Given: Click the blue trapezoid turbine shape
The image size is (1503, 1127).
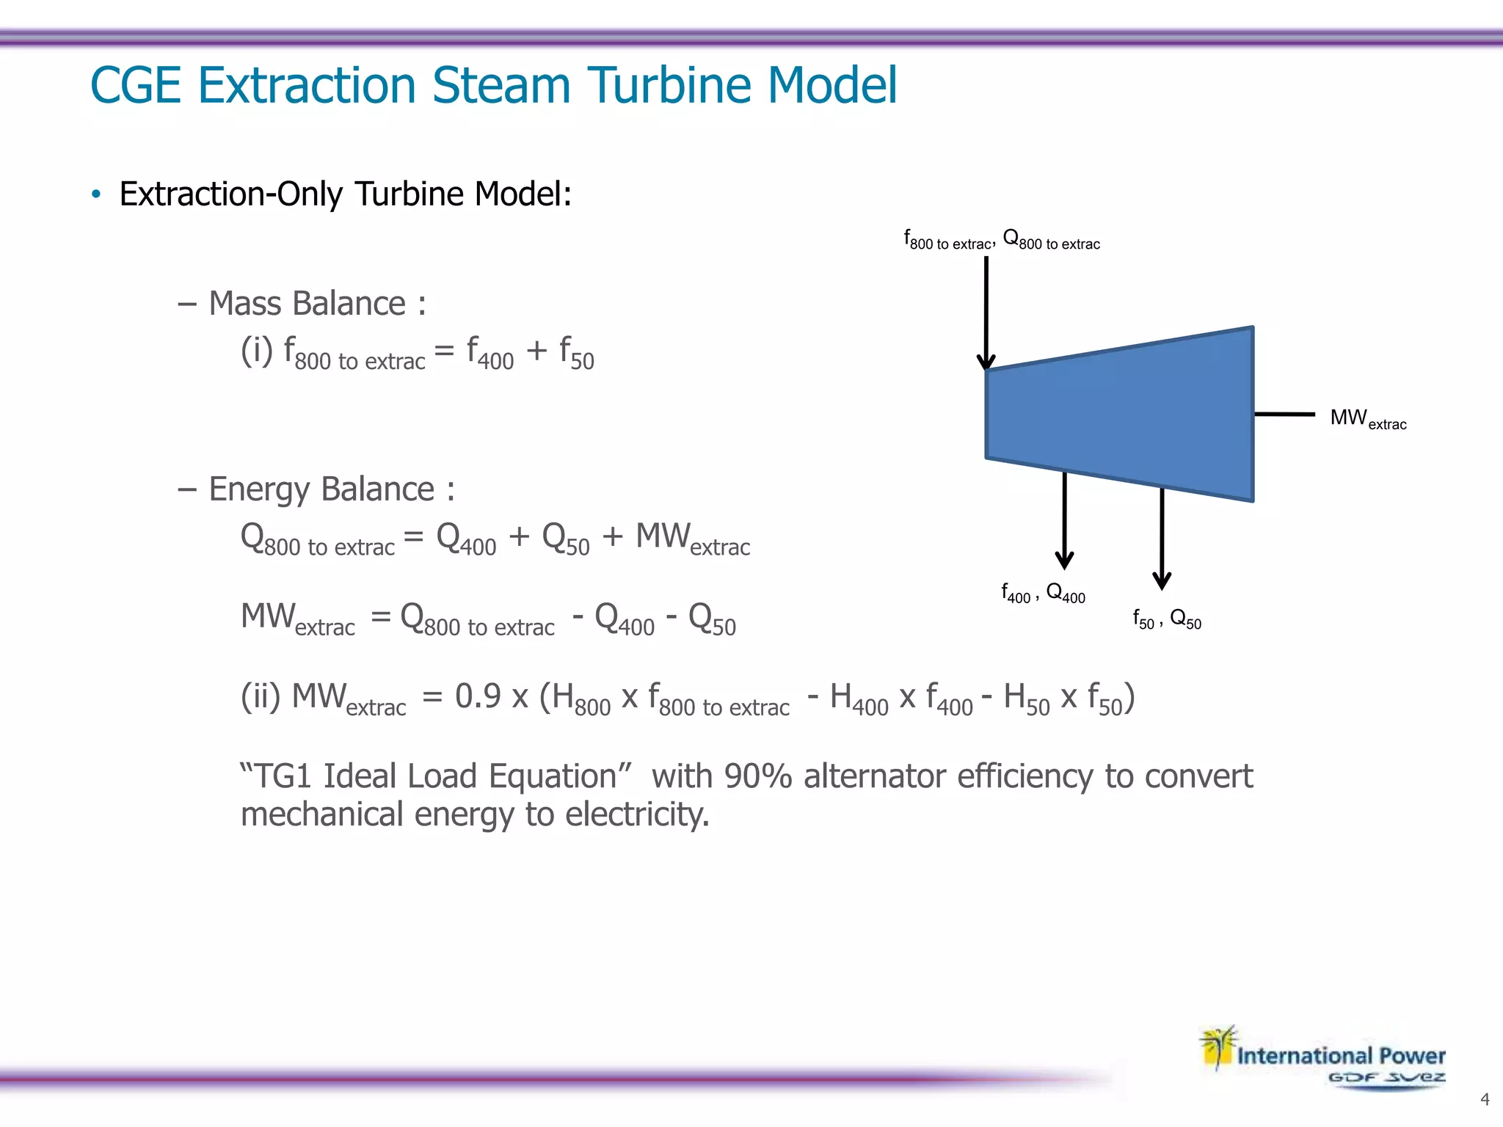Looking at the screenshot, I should [x=1119, y=415].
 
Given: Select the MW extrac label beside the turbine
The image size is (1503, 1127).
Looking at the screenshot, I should [x=1368, y=419].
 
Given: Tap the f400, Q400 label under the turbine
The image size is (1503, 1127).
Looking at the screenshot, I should [x=1043, y=593].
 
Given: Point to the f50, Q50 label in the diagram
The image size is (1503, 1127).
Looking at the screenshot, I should [x=1167, y=619].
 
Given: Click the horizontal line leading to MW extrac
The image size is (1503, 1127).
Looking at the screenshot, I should [x=1284, y=415].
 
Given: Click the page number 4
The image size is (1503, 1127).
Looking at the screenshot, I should [x=1485, y=1099].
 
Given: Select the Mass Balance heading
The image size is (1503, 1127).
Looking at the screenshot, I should [x=316, y=304].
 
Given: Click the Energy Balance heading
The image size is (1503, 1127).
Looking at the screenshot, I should [x=331, y=489].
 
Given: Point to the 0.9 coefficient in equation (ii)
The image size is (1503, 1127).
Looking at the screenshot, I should [x=478, y=696].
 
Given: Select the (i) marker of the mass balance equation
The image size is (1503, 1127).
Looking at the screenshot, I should [x=257, y=351].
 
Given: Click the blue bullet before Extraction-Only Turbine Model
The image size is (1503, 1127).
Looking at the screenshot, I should [x=96, y=194].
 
